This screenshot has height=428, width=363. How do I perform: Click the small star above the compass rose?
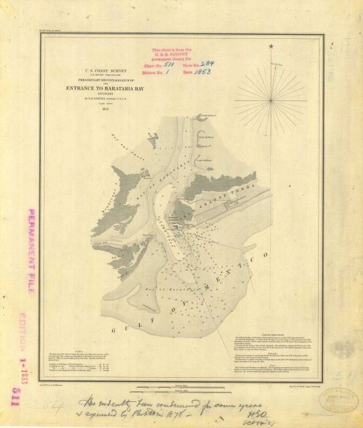coord(271,46)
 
